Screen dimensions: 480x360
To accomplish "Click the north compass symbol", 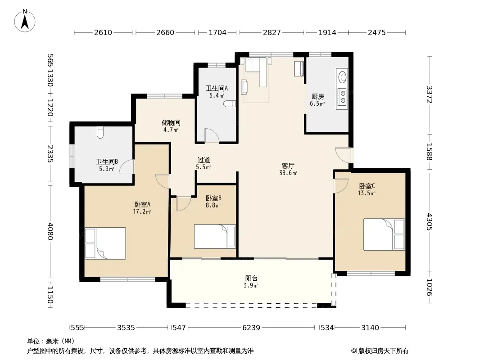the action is (25, 21).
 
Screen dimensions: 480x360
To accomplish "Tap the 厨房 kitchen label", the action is (318, 97).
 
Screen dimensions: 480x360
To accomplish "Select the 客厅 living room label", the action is (288, 166).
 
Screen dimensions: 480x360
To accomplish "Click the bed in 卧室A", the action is (105, 243).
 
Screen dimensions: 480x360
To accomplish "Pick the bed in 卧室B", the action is (215, 236).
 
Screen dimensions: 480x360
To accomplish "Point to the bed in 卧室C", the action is (384, 234).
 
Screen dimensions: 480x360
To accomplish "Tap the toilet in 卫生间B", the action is (100, 132).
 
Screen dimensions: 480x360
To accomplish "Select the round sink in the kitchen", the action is (342, 76).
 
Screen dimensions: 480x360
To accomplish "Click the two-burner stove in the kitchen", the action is (342, 96).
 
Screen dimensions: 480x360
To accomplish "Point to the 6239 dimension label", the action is (251, 328).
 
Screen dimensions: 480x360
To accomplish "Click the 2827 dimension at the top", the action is (272, 32).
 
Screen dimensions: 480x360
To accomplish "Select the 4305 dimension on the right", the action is (430, 222).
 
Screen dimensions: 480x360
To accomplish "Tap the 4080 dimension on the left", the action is (50, 232).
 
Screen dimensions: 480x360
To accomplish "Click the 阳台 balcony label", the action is (251, 279).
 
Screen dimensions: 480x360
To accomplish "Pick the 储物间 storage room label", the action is (171, 123).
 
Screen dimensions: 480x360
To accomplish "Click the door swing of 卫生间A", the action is (212, 135).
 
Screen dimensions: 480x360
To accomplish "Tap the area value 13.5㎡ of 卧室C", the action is (367, 193).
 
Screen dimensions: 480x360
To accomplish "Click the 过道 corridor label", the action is (204, 160).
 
